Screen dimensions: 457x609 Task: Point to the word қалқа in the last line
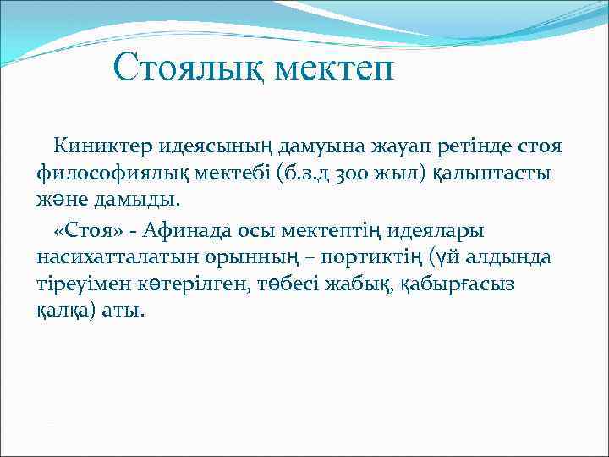(70, 312)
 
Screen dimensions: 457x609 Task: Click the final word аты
(126, 312)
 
